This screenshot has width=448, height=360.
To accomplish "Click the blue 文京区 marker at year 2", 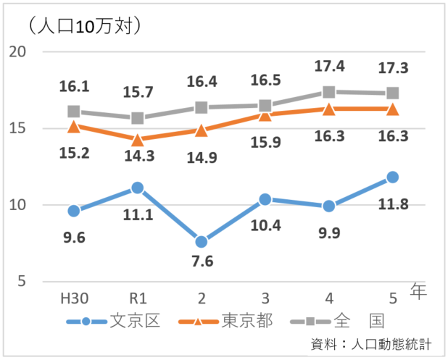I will [201, 242].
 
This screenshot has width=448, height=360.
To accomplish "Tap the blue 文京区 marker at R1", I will [137, 188].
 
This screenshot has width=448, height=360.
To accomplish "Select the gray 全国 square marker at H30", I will [73, 112].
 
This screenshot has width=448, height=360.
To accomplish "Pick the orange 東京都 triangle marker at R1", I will [137, 139].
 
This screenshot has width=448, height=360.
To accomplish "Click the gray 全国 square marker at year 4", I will [328, 92].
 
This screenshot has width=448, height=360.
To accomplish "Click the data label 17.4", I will [329, 67].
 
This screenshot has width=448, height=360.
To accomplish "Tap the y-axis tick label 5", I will [22, 282].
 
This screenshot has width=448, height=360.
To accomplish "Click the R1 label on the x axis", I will [137, 297].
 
